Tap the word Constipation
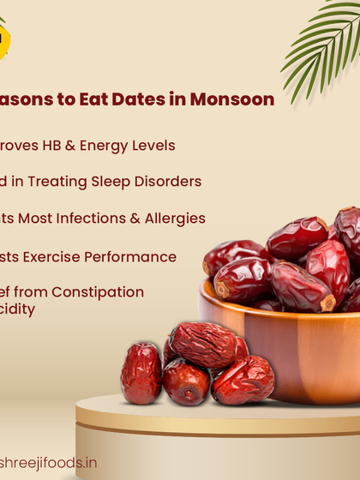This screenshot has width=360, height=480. pyautogui.click(x=96, y=292)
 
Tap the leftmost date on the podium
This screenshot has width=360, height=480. pyautogui.click(x=141, y=373)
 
